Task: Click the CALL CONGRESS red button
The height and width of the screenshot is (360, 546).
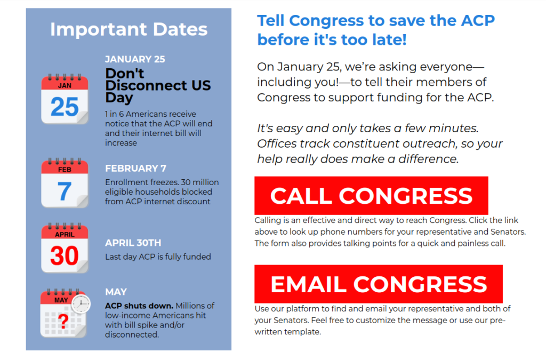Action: coord(371,195)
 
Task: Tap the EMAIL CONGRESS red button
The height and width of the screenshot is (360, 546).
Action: coord(379,284)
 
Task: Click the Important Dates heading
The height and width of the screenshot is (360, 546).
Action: coord(129,29)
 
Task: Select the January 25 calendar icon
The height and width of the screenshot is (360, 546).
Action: coord(65,99)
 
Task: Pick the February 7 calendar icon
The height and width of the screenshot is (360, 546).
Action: coord(65,183)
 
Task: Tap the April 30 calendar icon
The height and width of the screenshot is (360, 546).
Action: coord(65,248)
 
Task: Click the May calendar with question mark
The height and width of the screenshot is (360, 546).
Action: coord(65,313)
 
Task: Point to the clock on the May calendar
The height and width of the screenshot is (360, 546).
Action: coord(81,304)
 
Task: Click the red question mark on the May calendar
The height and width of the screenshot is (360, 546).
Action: coord(63,321)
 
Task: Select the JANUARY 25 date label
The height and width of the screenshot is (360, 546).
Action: coord(135,59)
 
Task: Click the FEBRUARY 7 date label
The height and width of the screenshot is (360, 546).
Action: coord(136,169)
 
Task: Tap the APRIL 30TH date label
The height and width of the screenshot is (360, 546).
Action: coord(133,243)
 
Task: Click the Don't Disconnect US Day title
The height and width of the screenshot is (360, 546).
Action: coord(158,86)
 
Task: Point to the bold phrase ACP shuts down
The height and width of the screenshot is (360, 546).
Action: coord(139,306)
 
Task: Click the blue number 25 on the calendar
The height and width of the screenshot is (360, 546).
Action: coord(65,107)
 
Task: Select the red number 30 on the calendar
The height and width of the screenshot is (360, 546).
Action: coord(65,256)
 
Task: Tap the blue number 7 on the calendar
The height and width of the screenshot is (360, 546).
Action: coord(65,191)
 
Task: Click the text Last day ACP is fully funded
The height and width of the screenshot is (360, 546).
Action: coord(158,257)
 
